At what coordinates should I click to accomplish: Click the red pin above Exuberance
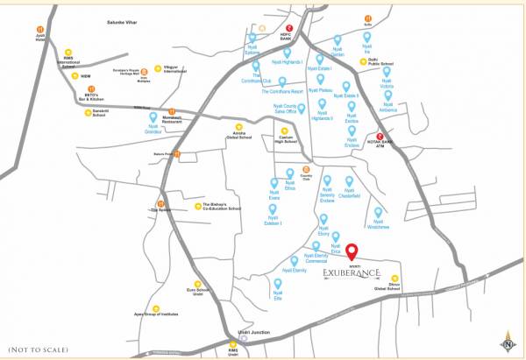pos(352,251)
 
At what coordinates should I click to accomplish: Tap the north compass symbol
pos(508,342)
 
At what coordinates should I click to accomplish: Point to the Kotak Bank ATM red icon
pos(380,137)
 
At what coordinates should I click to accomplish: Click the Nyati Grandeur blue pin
pos(153,116)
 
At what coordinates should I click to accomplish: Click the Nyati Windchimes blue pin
pos(379,212)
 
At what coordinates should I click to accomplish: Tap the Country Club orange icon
pos(306,170)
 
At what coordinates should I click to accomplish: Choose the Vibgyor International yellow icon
pos(158,68)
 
